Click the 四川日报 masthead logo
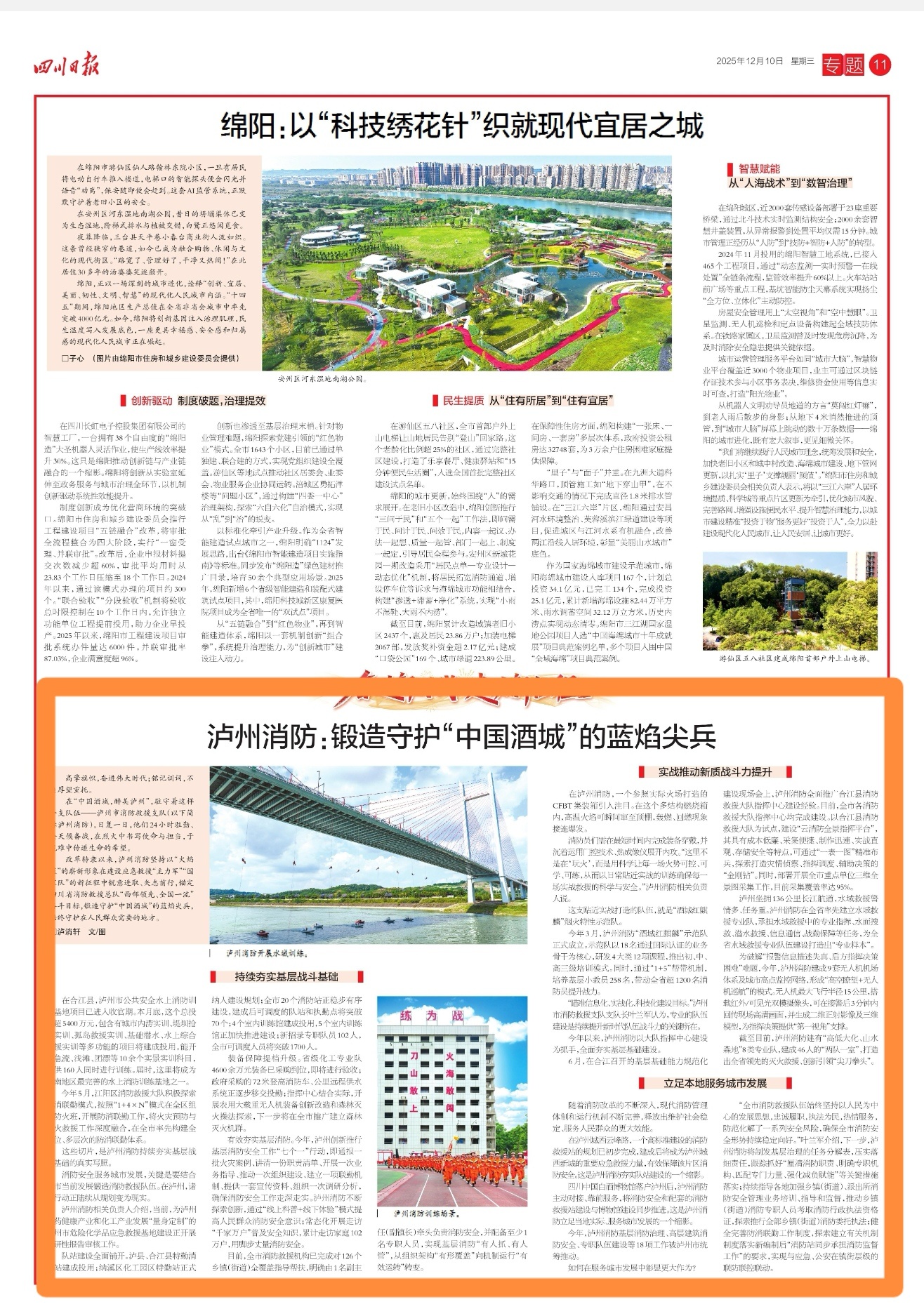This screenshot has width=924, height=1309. click(67, 66)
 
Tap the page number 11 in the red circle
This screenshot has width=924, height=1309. click(879, 65)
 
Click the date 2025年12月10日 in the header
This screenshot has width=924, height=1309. click(749, 61)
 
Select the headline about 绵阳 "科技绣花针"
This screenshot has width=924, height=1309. click(462, 127)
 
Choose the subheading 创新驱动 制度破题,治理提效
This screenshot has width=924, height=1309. click(197, 401)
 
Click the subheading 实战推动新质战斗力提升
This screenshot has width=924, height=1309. click(714, 772)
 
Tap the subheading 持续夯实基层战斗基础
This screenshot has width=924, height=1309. click(286, 976)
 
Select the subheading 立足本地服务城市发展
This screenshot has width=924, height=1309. click(715, 1083)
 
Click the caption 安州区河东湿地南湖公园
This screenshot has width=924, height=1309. click(322, 378)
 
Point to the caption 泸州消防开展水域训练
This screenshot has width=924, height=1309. click(267, 954)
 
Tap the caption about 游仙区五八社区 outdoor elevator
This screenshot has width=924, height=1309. click(793, 658)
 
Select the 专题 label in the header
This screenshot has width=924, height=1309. click(843, 65)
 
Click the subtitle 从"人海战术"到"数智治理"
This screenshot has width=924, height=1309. click(790, 183)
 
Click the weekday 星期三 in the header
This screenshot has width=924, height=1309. click(803, 61)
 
